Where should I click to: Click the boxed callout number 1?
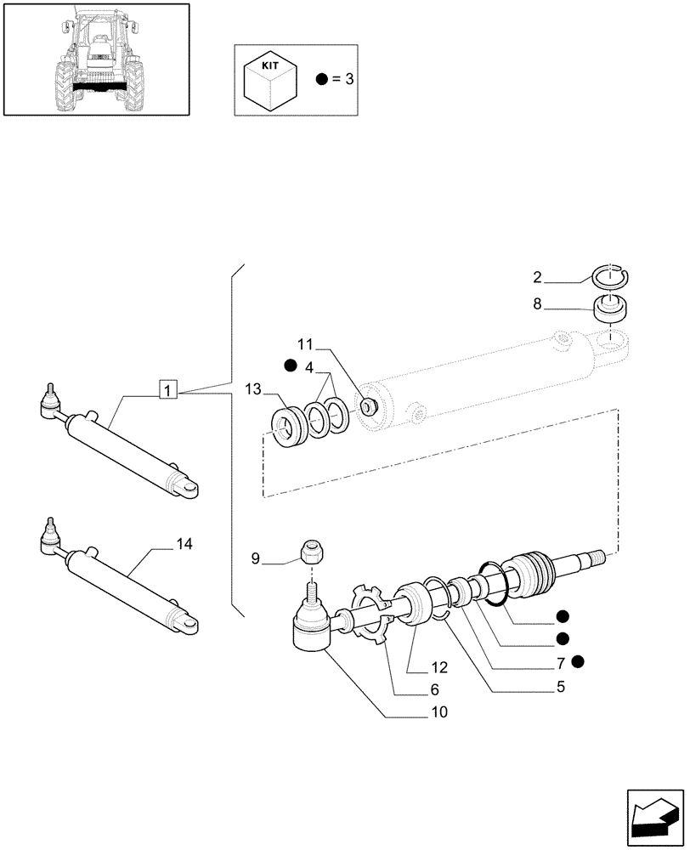pyautogui.click(x=168, y=390)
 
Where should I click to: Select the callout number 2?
pyautogui.click(x=537, y=276)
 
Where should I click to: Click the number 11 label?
pyautogui.click(x=305, y=344)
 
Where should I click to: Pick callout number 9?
pyautogui.click(x=256, y=558)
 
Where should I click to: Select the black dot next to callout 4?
pyautogui.click(x=291, y=365)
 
